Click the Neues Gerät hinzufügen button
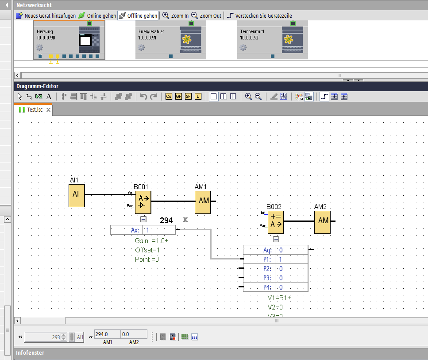46,15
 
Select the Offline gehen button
138,15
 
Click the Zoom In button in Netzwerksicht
175,15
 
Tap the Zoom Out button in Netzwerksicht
206,15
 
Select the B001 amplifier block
143,202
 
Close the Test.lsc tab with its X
49,110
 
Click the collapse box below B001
143,219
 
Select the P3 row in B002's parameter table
275,278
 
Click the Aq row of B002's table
275,250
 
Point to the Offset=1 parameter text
147,250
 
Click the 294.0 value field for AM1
107,334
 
